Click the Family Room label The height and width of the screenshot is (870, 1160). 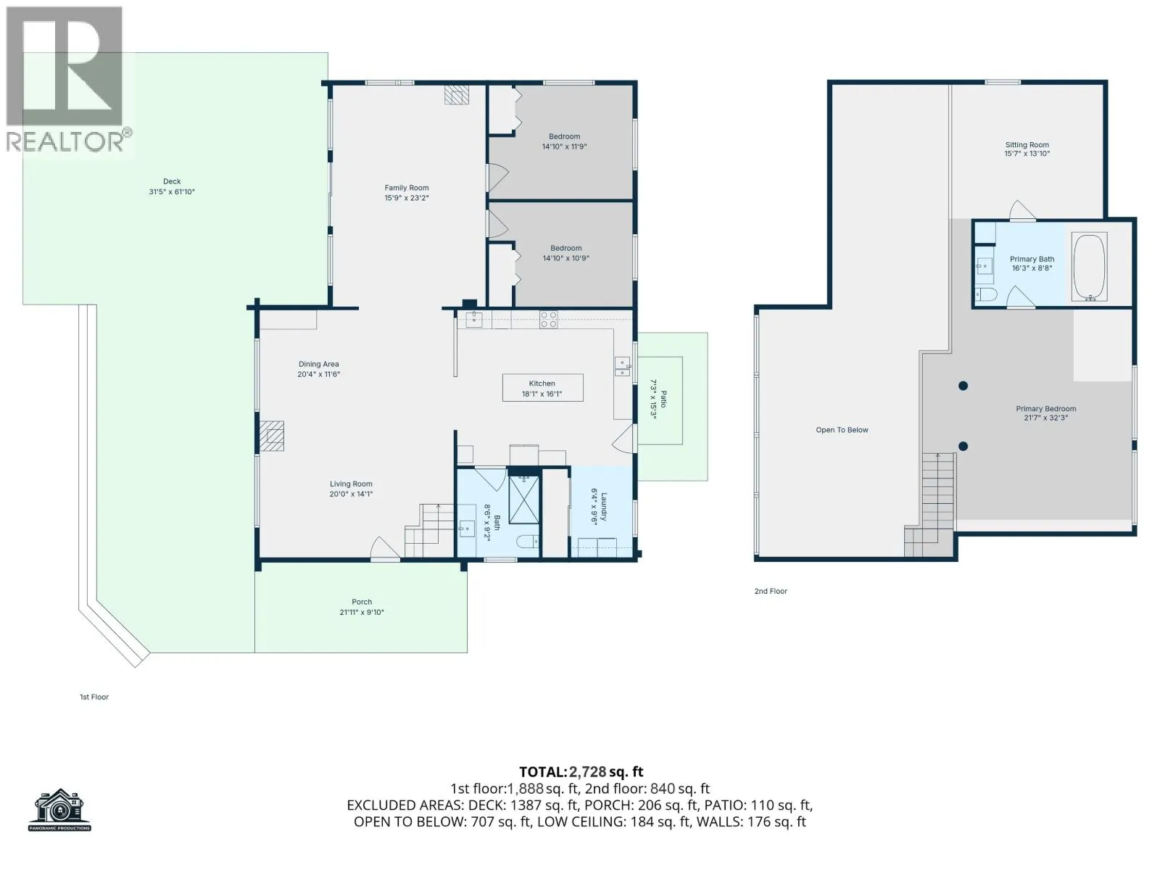(407, 188)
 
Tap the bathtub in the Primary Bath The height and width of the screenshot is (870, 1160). (1089, 266)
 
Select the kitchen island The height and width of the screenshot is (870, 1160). (543, 388)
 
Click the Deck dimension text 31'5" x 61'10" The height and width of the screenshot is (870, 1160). (172, 191)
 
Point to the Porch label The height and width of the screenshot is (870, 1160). (362, 602)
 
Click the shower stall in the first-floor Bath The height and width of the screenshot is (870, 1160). (523, 500)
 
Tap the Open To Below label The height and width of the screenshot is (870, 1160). (842, 430)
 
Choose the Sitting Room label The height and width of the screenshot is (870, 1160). (1027, 145)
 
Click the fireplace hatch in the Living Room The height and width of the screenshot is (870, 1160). (272, 436)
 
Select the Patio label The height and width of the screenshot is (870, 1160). (663, 399)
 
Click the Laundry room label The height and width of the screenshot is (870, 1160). (603, 507)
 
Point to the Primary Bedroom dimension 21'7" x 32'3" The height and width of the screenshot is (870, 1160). (1046, 418)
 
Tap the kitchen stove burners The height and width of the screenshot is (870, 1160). (548, 320)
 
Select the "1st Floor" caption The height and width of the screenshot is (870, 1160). (94, 697)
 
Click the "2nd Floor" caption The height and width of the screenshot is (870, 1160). (771, 591)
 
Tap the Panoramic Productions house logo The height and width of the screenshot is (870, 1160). (59, 810)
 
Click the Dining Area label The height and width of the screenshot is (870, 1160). (319, 364)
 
